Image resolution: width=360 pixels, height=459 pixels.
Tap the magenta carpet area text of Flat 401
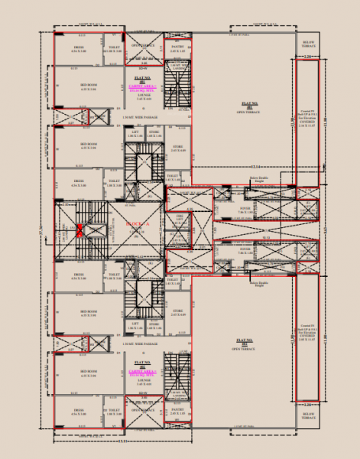coord(143,88)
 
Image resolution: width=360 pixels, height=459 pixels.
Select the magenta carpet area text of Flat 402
coord(143,373)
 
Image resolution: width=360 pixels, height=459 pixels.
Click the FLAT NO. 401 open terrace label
coord(249,106)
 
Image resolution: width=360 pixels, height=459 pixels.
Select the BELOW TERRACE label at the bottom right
coord(308,416)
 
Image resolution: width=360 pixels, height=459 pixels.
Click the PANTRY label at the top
coord(177,47)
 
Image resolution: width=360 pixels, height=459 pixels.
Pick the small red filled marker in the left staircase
coord(78,231)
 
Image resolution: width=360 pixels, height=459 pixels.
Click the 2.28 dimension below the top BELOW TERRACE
coord(308,57)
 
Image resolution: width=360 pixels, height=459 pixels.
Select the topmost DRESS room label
coord(79,47)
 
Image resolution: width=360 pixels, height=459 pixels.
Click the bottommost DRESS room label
coord(79,411)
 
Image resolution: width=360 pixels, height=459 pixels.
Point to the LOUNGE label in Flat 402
coord(143,380)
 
